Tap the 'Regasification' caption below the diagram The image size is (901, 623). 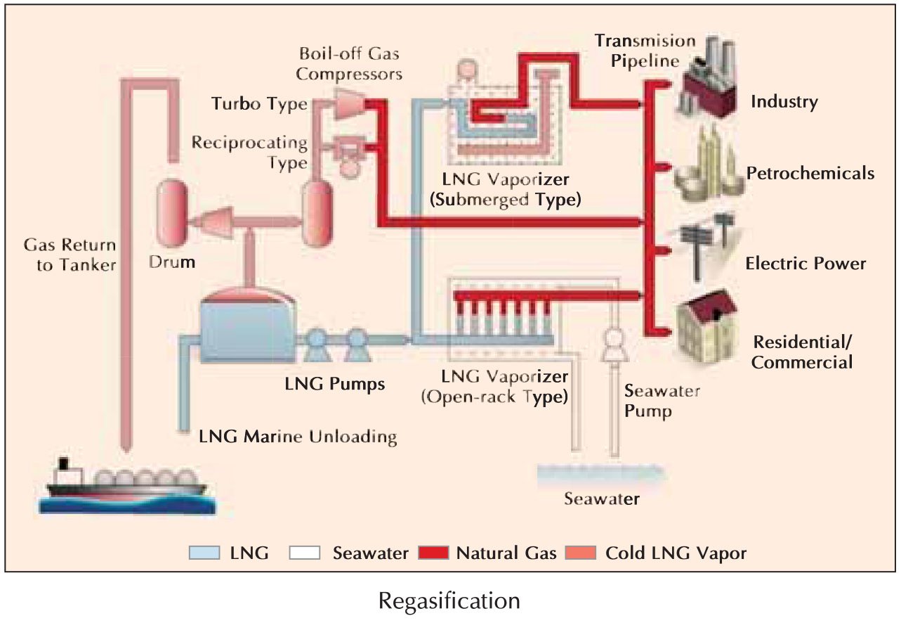(x=449, y=601)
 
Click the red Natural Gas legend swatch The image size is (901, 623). (x=433, y=553)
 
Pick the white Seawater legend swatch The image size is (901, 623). (x=304, y=553)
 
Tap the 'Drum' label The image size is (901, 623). (x=172, y=263)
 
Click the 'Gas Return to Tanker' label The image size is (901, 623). (x=70, y=255)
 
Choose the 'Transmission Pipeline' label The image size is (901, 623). (x=644, y=51)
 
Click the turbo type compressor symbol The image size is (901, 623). (x=348, y=103)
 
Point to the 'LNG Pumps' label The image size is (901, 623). (x=335, y=384)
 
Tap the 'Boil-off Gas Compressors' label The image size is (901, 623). (x=350, y=63)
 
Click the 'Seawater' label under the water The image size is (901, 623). (x=602, y=499)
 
